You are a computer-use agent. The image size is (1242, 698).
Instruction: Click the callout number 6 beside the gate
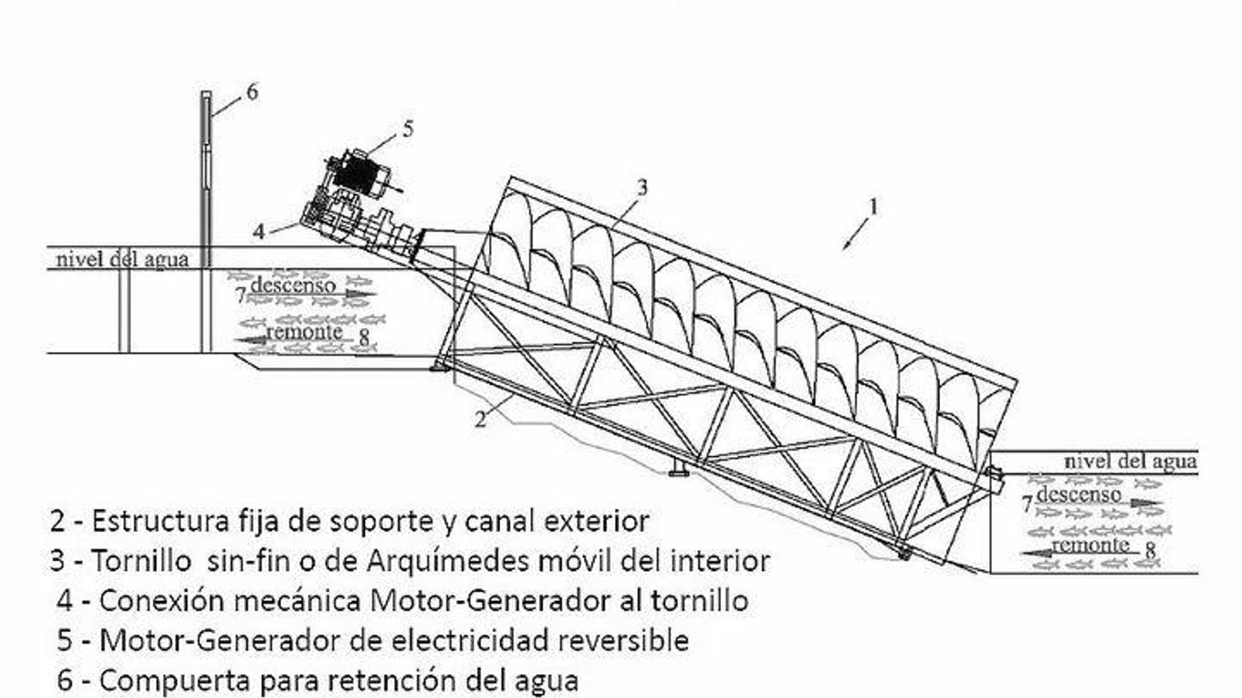click(x=252, y=92)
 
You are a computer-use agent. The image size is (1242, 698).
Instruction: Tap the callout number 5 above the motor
click(x=408, y=129)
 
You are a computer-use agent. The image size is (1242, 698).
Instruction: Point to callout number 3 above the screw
click(x=642, y=187)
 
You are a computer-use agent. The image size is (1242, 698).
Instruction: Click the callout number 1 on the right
click(x=874, y=206)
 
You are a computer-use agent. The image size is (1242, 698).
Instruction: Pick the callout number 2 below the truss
click(x=481, y=420)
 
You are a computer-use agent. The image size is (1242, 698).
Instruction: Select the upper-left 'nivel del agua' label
click(x=122, y=259)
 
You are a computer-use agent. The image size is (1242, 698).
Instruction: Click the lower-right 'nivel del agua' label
click(x=1129, y=461)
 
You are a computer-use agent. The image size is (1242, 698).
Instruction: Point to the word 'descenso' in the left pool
click(x=293, y=285)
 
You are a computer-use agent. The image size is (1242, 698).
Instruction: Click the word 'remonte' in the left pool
click(x=304, y=332)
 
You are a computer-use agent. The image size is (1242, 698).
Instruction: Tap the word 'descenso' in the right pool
click(x=1079, y=494)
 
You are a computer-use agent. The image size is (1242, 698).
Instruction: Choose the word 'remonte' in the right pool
click(x=1091, y=544)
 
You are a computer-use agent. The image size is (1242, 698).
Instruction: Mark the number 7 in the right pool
click(x=1026, y=506)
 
